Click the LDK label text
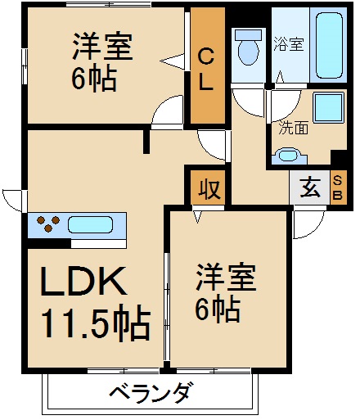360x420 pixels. coord(83,281)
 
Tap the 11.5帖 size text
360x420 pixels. coord(96,323)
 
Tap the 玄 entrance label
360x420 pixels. coord(310,187)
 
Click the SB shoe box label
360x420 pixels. coord(338,188)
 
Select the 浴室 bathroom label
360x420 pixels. coord(289,43)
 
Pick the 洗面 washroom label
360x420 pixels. coord(293,128)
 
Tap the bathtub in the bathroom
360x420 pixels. coord(329,45)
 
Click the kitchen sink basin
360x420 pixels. coord(90,224)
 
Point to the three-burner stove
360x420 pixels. coord(48,224)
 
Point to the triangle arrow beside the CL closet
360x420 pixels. coord(172,61)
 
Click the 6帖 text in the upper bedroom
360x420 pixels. coord(94,78)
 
